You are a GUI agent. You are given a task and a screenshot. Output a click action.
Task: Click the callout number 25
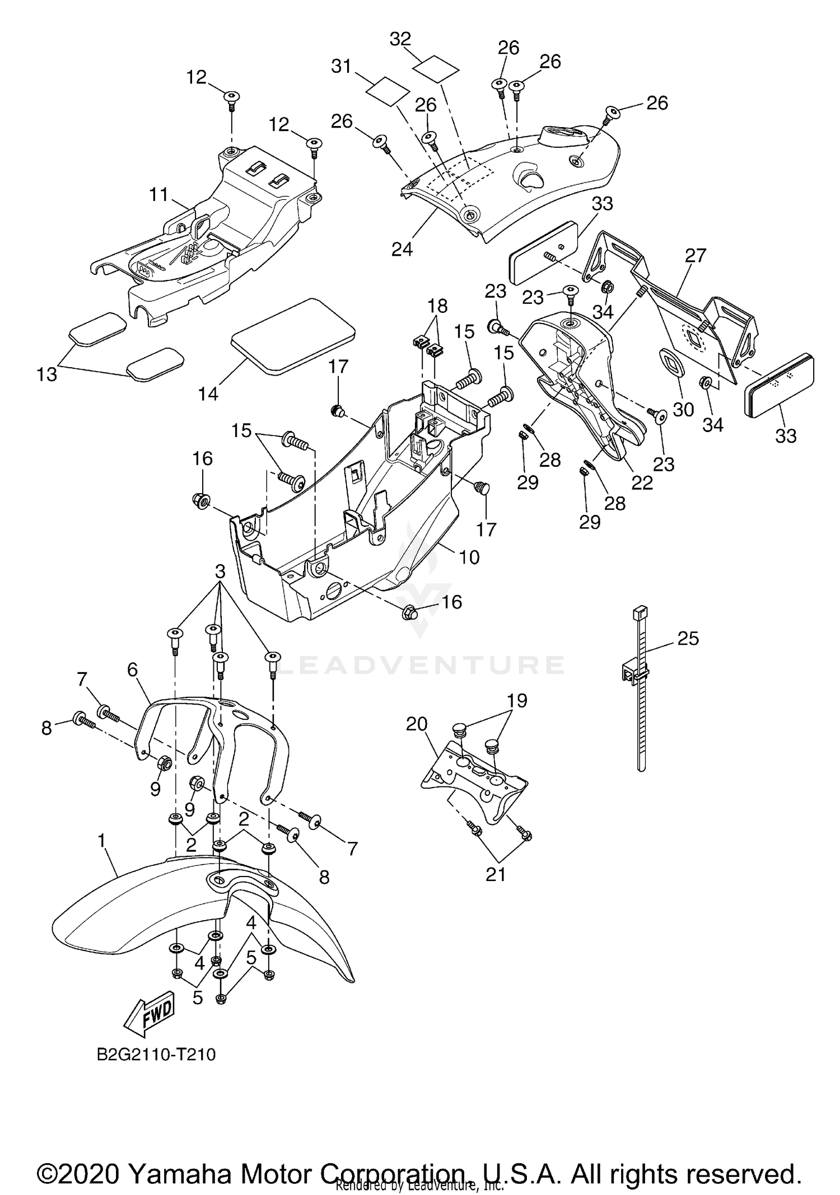pyautogui.click(x=688, y=639)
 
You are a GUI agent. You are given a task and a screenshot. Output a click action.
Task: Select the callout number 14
pyautogui.click(x=208, y=393)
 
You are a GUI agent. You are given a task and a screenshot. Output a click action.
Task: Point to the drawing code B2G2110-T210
pyautogui.click(x=156, y=1055)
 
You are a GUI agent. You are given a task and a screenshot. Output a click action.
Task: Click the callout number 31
pyautogui.click(x=341, y=66)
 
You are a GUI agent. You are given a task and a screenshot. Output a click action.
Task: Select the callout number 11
pyautogui.click(x=159, y=195)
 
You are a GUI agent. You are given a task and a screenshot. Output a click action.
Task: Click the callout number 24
pyautogui.click(x=402, y=249)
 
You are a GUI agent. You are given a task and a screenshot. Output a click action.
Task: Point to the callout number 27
pyautogui.click(x=696, y=255)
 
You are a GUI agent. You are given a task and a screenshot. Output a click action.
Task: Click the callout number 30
pyautogui.click(x=683, y=409)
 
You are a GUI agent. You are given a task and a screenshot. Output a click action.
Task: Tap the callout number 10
pyautogui.click(x=469, y=557)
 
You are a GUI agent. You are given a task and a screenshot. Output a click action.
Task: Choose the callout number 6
pyautogui.click(x=132, y=669)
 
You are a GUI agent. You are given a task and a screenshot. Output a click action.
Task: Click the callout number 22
pyautogui.click(x=642, y=482)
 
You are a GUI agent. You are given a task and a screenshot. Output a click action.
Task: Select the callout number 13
pyautogui.click(x=47, y=374)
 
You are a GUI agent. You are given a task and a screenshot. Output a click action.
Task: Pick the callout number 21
pyautogui.click(x=496, y=874)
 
